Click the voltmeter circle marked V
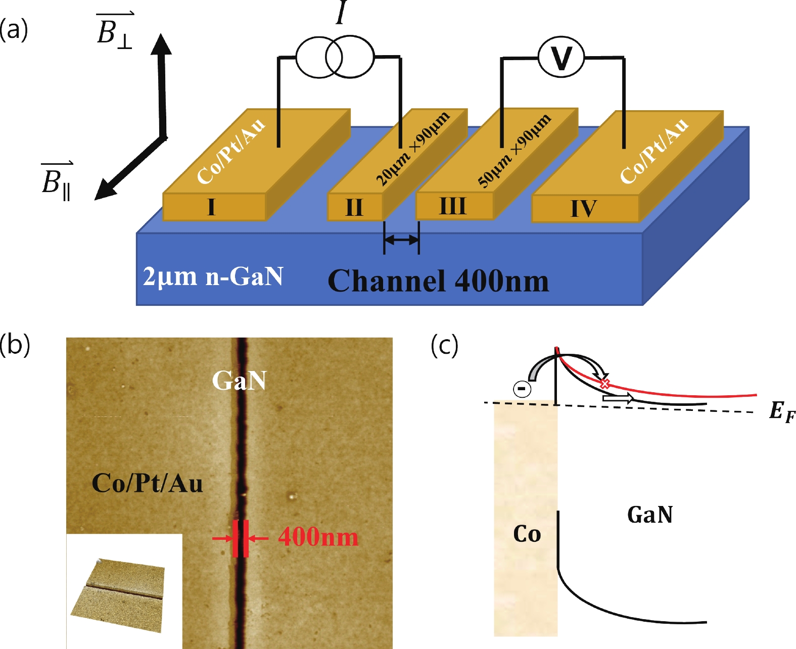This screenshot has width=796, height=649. click(x=561, y=57)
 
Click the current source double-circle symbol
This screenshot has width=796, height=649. click(x=335, y=57)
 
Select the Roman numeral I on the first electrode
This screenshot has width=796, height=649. click(x=211, y=207)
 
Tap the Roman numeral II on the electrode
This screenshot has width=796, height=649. click(x=354, y=207)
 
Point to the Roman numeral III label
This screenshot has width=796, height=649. click(x=452, y=206)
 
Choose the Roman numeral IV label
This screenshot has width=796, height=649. click(x=584, y=208)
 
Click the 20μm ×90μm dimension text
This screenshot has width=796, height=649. click(x=413, y=149)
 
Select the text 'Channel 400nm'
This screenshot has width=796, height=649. click(x=438, y=281)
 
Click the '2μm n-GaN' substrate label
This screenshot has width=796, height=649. click(x=213, y=276)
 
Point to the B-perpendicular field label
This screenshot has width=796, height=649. click(x=115, y=31)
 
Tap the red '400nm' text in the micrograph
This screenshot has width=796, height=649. click(x=318, y=537)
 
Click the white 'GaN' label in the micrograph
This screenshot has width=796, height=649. click(x=239, y=381)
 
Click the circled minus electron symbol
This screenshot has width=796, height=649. click(x=522, y=388)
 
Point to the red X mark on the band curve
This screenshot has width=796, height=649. click(x=604, y=384)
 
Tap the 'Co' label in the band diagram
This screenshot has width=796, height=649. click(x=527, y=534)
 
